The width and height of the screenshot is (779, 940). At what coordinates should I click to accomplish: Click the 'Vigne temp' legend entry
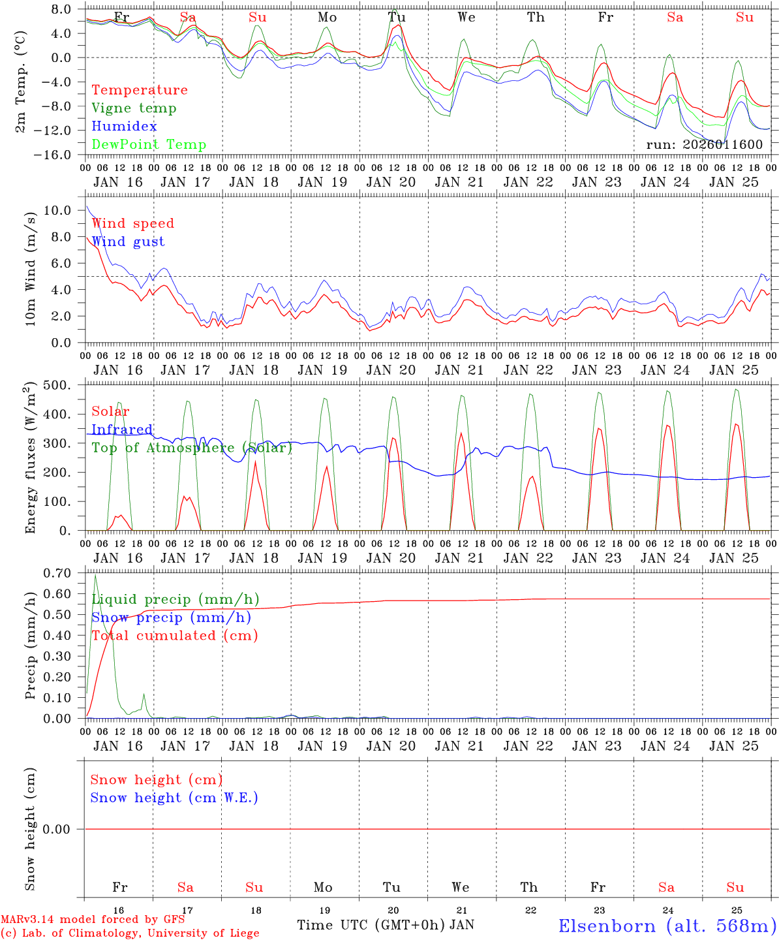pos(134,108)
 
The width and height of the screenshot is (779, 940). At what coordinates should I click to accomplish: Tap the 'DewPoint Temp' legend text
pos(149,145)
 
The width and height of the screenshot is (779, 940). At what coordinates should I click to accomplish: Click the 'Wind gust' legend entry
pos(128,242)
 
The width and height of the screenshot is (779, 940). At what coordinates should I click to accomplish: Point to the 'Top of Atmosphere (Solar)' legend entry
pos(192,448)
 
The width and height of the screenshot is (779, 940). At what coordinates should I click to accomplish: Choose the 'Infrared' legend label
pos(122,430)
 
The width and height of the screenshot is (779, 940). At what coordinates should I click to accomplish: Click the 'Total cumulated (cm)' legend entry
pos(174,635)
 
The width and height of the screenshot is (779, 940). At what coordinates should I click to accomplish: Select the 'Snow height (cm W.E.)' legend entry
pos(174,798)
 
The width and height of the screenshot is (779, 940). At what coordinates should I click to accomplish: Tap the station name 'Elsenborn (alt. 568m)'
pos(667,926)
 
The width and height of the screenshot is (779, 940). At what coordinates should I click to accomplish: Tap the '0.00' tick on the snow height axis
pos(60,829)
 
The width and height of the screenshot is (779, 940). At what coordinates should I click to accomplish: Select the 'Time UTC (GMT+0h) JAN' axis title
pos(386,925)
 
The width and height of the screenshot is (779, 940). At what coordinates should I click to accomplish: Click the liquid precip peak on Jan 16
pos(96,575)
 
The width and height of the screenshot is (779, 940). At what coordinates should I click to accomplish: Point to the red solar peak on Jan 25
pos(736,424)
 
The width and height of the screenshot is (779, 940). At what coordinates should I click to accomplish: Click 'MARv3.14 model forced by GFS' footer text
pos(93,920)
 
